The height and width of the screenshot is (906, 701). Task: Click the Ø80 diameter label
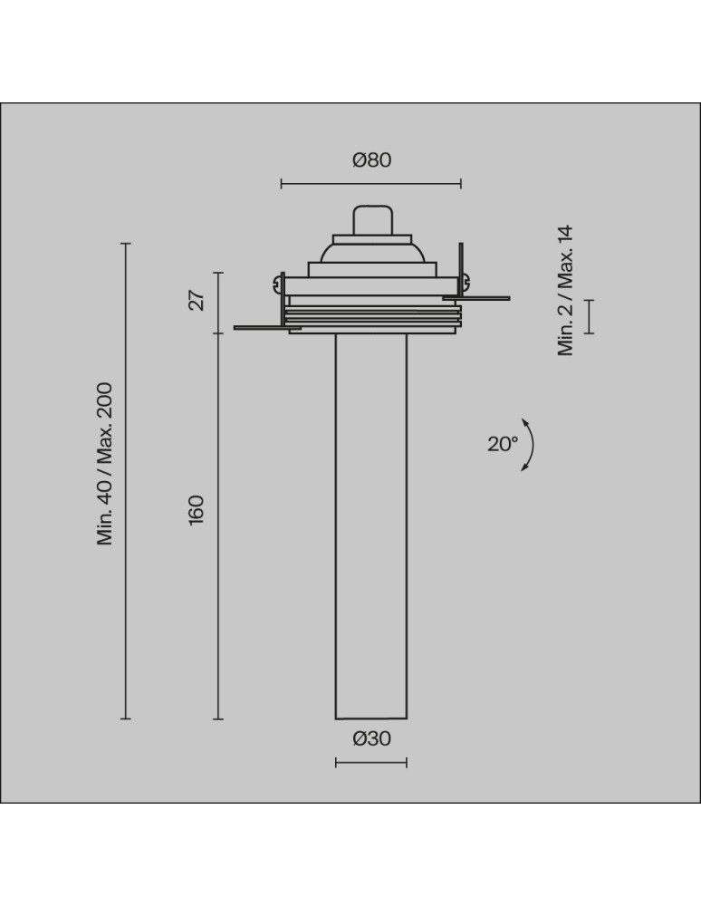[371, 160]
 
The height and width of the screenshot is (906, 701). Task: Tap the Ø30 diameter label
[371, 738]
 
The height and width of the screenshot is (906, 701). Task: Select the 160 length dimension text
[197, 508]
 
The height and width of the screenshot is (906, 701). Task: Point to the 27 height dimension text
[197, 299]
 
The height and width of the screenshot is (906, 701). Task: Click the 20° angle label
[503, 444]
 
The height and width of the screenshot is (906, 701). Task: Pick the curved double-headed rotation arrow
[530, 444]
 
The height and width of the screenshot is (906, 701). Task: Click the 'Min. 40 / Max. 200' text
[106, 463]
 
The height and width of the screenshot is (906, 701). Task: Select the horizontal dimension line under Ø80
[371, 184]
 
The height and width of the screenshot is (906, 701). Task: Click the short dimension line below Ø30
[371, 762]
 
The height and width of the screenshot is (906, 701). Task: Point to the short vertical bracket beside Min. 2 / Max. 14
[590, 316]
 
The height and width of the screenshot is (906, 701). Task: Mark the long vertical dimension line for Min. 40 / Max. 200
[126, 480]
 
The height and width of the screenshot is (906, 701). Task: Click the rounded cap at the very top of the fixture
[371, 220]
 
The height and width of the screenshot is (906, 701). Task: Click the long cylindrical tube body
[371, 525]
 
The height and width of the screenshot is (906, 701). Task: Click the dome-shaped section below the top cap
[371, 253]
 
